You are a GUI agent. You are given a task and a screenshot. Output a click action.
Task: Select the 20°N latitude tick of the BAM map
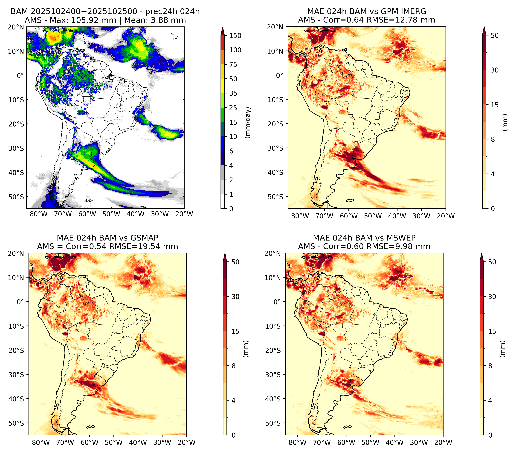[x=16, y=27]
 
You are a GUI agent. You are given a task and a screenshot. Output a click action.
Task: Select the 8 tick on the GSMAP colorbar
[x=234, y=366]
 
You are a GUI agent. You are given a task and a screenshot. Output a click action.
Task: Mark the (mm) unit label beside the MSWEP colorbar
[x=503, y=349]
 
